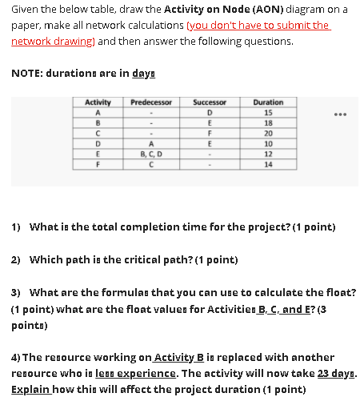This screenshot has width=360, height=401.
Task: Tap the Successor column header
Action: point(210,102)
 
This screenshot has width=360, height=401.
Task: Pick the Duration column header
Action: point(267,102)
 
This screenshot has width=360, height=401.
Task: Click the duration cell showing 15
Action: point(267,113)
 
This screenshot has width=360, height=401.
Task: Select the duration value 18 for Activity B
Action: point(267,123)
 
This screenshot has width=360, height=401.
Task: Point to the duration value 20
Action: point(267,134)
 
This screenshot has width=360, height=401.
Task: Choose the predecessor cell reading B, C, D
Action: point(150,154)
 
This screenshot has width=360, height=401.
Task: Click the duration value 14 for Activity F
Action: point(267,163)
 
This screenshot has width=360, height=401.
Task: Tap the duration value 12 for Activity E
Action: point(267,154)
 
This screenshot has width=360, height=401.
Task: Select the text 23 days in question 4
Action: point(330,373)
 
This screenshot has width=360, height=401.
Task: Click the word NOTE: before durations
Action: point(28,72)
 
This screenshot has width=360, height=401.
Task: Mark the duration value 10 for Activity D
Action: point(267,143)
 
